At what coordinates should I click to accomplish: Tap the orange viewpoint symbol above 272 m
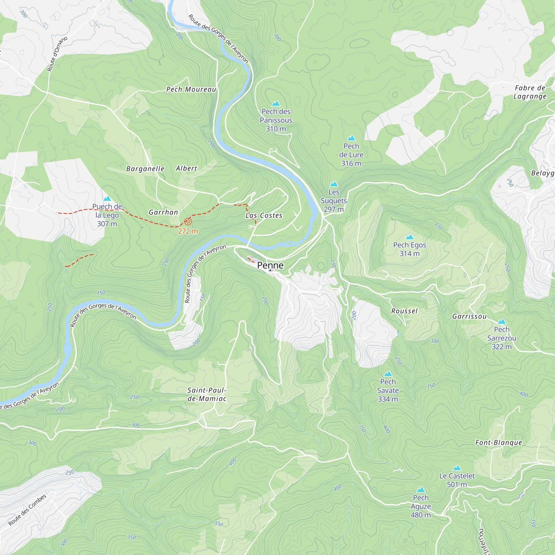point(188,221)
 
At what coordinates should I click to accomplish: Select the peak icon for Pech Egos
point(410,237)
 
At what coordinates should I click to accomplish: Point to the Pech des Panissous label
point(276,116)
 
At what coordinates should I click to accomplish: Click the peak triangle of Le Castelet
point(457,468)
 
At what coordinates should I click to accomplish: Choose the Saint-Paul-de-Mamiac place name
point(207,394)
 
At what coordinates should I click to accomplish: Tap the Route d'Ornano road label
point(57,54)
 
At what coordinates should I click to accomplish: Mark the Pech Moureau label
point(191,89)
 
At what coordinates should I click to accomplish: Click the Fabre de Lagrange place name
point(530,92)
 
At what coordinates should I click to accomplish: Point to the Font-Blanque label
point(498,443)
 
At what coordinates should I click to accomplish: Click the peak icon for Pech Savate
point(388,374)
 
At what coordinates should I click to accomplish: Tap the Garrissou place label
point(470,316)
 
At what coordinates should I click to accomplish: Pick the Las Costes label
point(264,215)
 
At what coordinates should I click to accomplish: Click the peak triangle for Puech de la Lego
point(107,198)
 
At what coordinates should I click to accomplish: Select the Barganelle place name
point(145,169)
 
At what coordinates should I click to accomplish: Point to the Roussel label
point(404,311)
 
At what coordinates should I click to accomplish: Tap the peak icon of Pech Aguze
point(421,490)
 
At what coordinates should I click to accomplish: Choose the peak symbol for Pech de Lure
point(351,138)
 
